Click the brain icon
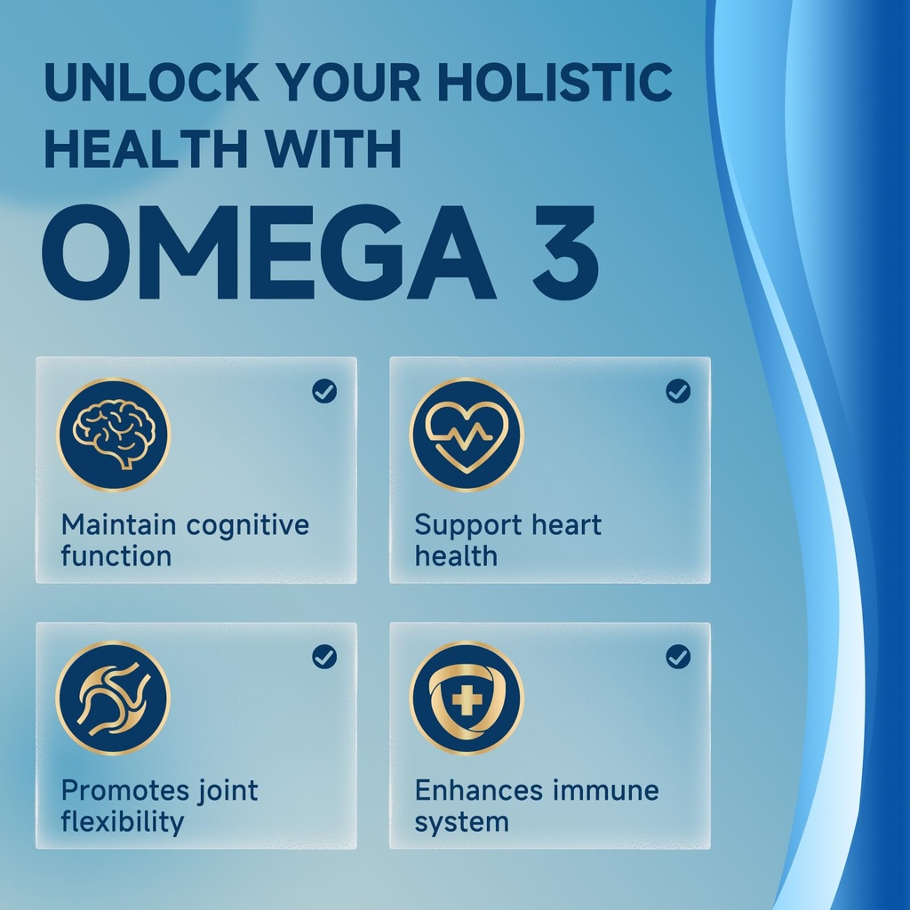(114, 434)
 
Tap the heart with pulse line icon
(467, 434)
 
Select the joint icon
(114, 698)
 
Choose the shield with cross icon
(467, 698)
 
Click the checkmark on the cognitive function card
(324, 391)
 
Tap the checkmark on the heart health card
(678, 391)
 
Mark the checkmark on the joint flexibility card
(324, 657)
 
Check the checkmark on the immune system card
(678, 657)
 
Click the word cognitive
(248, 525)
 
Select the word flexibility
(123, 822)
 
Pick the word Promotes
(125, 790)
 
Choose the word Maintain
(120, 525)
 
